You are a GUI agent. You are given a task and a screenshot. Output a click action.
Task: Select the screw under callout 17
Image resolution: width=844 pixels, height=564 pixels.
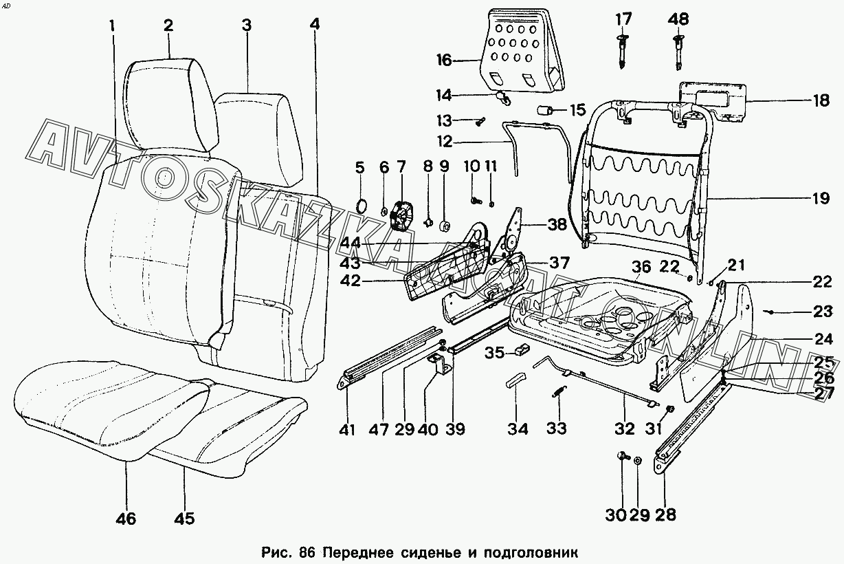click(623, 52)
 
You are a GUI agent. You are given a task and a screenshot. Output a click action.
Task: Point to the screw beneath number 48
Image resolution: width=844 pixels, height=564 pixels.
click(678, 52)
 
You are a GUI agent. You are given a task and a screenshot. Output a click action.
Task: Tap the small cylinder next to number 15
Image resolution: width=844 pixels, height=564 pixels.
click(546, 110)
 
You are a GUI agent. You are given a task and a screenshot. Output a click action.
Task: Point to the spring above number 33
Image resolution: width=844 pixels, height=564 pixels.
click(557, 395)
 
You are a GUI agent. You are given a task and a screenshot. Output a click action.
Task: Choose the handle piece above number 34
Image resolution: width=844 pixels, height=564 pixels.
click(518, 380)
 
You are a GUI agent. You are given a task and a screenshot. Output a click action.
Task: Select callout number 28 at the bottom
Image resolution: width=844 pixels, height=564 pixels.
click(665, 514)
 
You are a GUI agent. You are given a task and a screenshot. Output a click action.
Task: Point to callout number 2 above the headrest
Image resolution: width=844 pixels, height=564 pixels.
click(168, 26)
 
